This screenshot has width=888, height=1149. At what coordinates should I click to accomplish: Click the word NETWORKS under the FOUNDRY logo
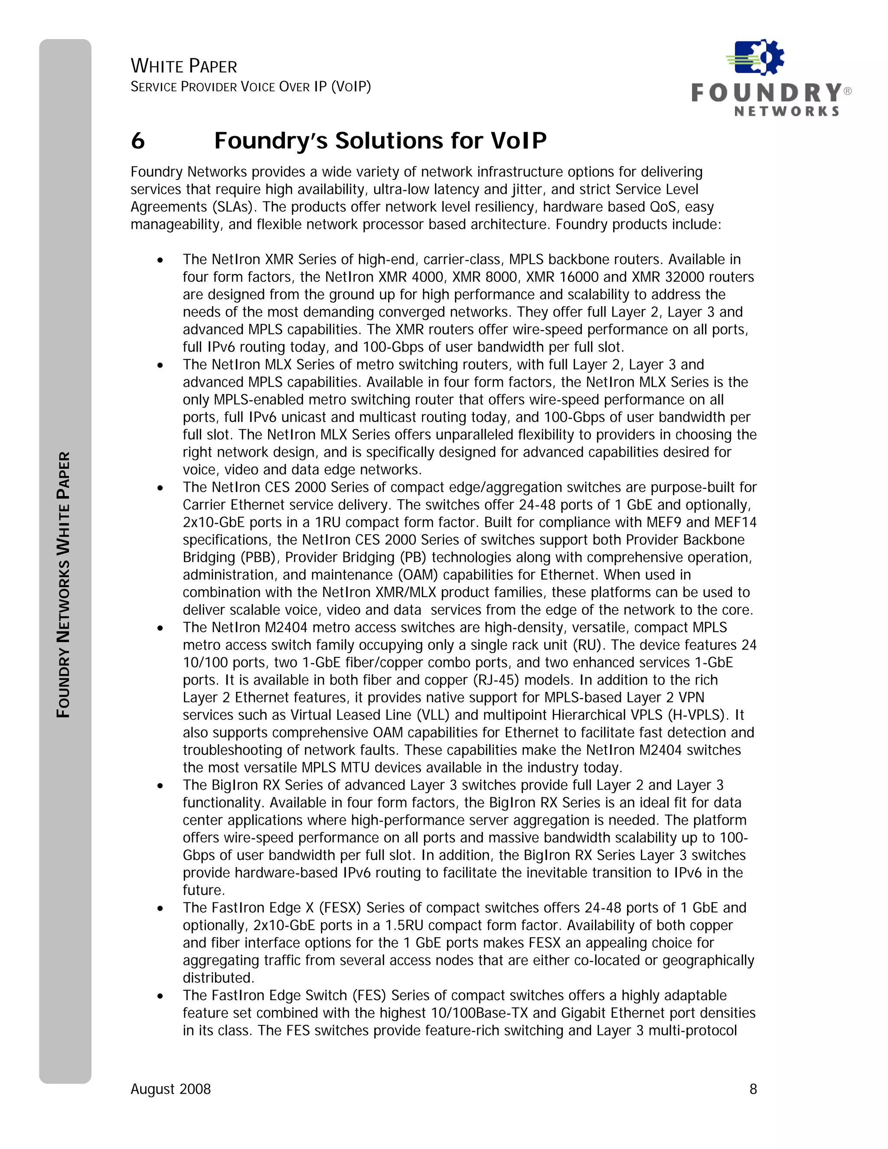(x=787, y=111)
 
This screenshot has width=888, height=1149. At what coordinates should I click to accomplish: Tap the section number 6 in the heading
(x=138, y=141)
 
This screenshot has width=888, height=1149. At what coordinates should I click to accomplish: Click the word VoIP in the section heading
(x=519, y=141)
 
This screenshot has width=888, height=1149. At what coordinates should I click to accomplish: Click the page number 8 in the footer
(x=753, y=1089)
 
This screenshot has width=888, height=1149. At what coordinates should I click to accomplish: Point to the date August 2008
(x=170, y=1089)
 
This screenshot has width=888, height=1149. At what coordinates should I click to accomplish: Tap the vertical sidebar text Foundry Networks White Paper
(x=64, y=584)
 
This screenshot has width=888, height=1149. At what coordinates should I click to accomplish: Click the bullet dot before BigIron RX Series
(x=160, y=786)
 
